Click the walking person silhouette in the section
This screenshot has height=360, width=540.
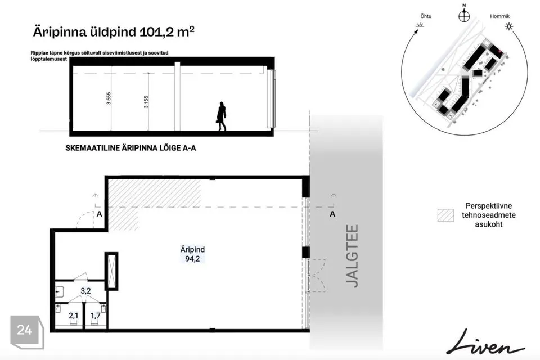pyautogui.click(x=222, y=116)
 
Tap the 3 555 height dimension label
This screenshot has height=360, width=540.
pyautogui.click(x=109, y=98)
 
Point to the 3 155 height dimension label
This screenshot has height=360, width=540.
pyautogui.click(x=146, y=102)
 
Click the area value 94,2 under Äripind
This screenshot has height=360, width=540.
pyautogui.click(x=192, y=259)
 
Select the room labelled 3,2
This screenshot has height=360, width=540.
pyautogui.click(x=85, y=291)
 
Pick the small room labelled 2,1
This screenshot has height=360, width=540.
pyautogui.click(x=73, y=315)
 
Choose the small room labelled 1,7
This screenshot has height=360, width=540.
pyautogui.click(x=96, y=315)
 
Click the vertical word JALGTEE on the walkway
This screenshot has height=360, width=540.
pyautogui.click(x=352, y=256)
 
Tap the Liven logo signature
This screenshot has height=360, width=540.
pyautogui.click(x=485, y=343)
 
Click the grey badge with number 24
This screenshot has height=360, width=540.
pyautogui.click(x=27, y=332)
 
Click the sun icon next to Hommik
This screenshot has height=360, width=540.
pyautogui.click(x=508, y=26)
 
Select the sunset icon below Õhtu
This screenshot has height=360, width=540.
pyautogui.click(x=420, y=25)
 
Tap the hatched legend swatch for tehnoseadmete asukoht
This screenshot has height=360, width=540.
pyautogui.click(x=445, y=215)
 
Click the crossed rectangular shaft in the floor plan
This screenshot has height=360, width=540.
pyautogui.click(x=111, y=271)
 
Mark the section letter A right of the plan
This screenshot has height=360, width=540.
pyautogui.click(x=332, y=214)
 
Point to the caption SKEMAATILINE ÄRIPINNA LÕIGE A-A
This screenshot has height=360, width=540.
pyautogui.click(x=131, y=148)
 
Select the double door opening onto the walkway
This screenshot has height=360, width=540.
pyautogui.click(x=316, y=275)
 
